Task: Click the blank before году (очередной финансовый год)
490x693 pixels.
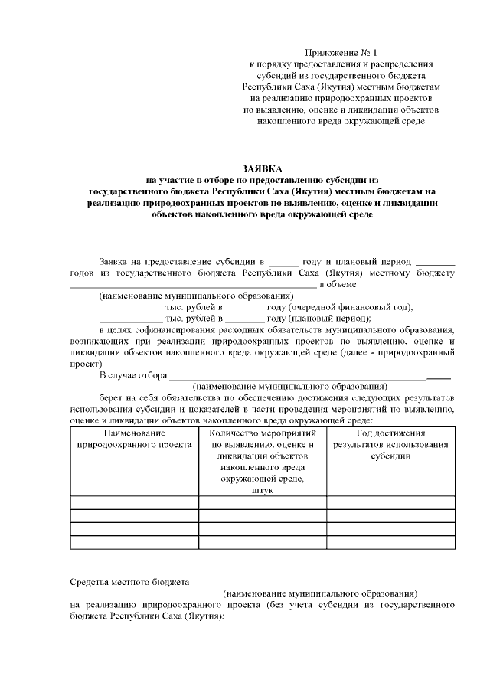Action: [243, 307]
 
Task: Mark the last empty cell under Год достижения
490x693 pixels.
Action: [390, 542]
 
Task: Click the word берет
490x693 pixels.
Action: [111, 398]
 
